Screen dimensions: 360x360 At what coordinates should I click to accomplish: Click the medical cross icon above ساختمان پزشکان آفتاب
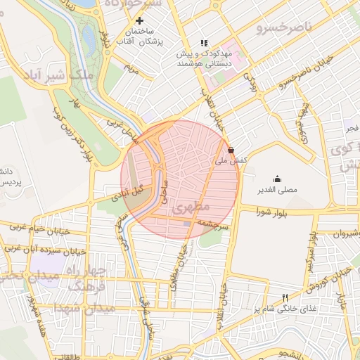(148, 20)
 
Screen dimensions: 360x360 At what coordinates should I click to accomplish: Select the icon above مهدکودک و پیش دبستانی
(205, 42)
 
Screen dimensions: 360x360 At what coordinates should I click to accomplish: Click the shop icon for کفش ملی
(231, 150)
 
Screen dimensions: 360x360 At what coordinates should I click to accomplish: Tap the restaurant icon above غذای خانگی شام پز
(285, 297)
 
